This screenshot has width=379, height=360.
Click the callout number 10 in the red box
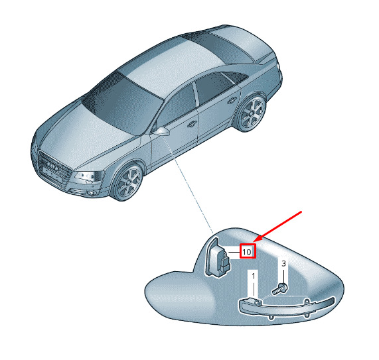246,252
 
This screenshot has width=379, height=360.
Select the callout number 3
284,263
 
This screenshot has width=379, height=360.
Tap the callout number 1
254,276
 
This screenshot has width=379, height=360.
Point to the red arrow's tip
254,241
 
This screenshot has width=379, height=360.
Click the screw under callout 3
279,289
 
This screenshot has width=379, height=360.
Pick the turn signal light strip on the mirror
287,308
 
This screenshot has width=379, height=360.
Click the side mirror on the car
161,131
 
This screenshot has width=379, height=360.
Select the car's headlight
88,176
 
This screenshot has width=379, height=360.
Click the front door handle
192,124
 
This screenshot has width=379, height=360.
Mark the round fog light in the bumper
91,193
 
